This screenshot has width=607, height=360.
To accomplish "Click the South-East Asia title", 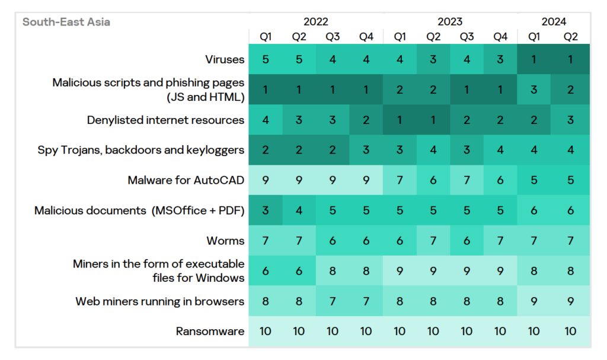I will [66, 23].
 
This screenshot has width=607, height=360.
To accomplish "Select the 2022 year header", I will [316, 23].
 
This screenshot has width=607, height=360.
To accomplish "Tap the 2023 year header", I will [450, 23].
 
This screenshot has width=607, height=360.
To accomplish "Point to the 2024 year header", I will [554, 23].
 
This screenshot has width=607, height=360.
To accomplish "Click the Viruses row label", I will [225, 59].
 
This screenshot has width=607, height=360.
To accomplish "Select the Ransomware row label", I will [210, 332].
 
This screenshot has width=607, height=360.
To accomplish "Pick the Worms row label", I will [225, 241].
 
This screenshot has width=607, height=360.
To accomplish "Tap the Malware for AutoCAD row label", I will [186, 180].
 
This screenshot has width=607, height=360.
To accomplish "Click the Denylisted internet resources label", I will [165, 120].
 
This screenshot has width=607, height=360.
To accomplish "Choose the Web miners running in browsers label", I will [160, 301].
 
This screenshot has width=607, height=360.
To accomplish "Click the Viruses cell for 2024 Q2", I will [570, 59].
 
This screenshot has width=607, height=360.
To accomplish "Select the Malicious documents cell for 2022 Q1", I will [266, 211].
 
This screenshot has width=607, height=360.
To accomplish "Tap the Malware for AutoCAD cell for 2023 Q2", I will [433, 180].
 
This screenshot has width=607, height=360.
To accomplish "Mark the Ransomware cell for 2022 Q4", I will [366, 332].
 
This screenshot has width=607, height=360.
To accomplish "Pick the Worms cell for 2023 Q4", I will [500, 241].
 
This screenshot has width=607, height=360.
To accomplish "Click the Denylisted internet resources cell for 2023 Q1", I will [400, 120].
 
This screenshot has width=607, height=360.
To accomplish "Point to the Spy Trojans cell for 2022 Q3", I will [333, 150].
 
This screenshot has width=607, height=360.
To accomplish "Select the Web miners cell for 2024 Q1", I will [534, 301].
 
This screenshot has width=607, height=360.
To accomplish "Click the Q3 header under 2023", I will [467, 37].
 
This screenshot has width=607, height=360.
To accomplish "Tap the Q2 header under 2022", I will [299, 37].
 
